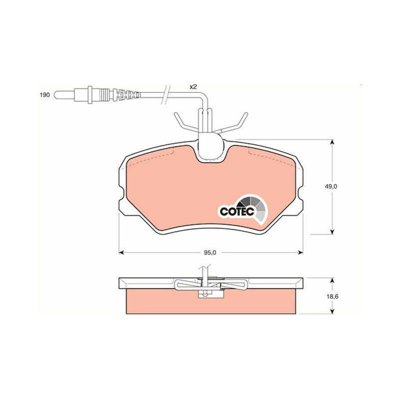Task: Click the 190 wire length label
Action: [x=44, y=95]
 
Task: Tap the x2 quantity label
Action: [x=194, y=87]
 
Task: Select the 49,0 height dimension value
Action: [x=331, y=186]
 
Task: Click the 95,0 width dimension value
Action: [x=210, y=253]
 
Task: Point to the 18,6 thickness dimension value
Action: [x=332, y=296]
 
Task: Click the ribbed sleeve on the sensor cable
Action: [x=126, y=95]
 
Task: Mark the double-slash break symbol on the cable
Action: [x=166, y=95]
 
